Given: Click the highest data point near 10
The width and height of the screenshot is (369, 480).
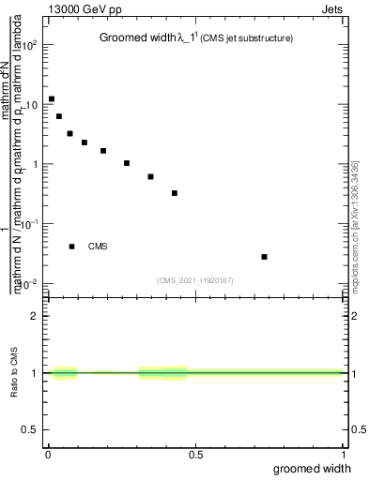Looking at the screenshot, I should tap(52, 98).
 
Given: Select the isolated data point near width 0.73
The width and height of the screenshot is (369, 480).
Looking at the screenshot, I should tap(265, 257).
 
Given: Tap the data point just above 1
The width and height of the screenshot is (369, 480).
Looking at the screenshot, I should tap(127, 163).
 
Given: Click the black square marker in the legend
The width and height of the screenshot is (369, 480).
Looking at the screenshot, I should tap(71, 247).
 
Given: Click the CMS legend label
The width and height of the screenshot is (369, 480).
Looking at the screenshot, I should tap(98, 247).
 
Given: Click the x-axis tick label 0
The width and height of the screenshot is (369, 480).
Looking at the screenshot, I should tap(48, 455).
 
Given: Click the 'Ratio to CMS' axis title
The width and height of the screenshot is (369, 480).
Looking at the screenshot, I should tap(14, 373).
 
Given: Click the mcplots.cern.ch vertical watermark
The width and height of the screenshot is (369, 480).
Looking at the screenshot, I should tap(354, 225).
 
